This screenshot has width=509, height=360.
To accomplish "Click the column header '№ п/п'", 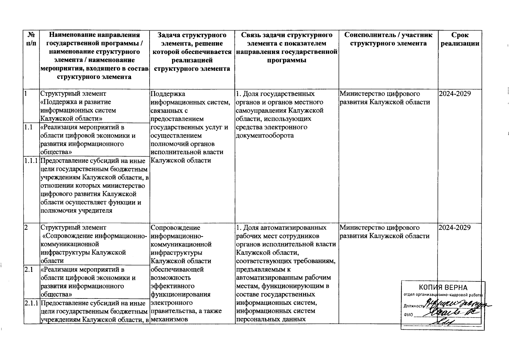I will click(31, 39).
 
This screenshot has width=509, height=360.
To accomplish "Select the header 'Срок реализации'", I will click(460, 39).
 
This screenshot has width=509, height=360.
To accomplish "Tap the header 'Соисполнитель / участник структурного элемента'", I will click(388, 39).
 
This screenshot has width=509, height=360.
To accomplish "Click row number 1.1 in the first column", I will click(28, 127).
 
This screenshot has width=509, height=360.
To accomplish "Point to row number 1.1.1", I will click(31, 161).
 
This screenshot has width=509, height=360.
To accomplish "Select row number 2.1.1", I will click(31, 303).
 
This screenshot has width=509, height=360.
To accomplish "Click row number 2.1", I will click(28, 270).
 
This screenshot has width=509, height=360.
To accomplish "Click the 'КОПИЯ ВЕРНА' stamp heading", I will click(443, 287).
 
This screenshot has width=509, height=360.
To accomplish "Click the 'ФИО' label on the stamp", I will click(408, 315).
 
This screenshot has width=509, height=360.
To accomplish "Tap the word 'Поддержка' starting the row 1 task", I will click(168, 94).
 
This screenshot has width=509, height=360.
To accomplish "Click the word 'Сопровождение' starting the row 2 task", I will click(175, 228).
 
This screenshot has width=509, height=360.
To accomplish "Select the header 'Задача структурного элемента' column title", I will click(192, 52).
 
